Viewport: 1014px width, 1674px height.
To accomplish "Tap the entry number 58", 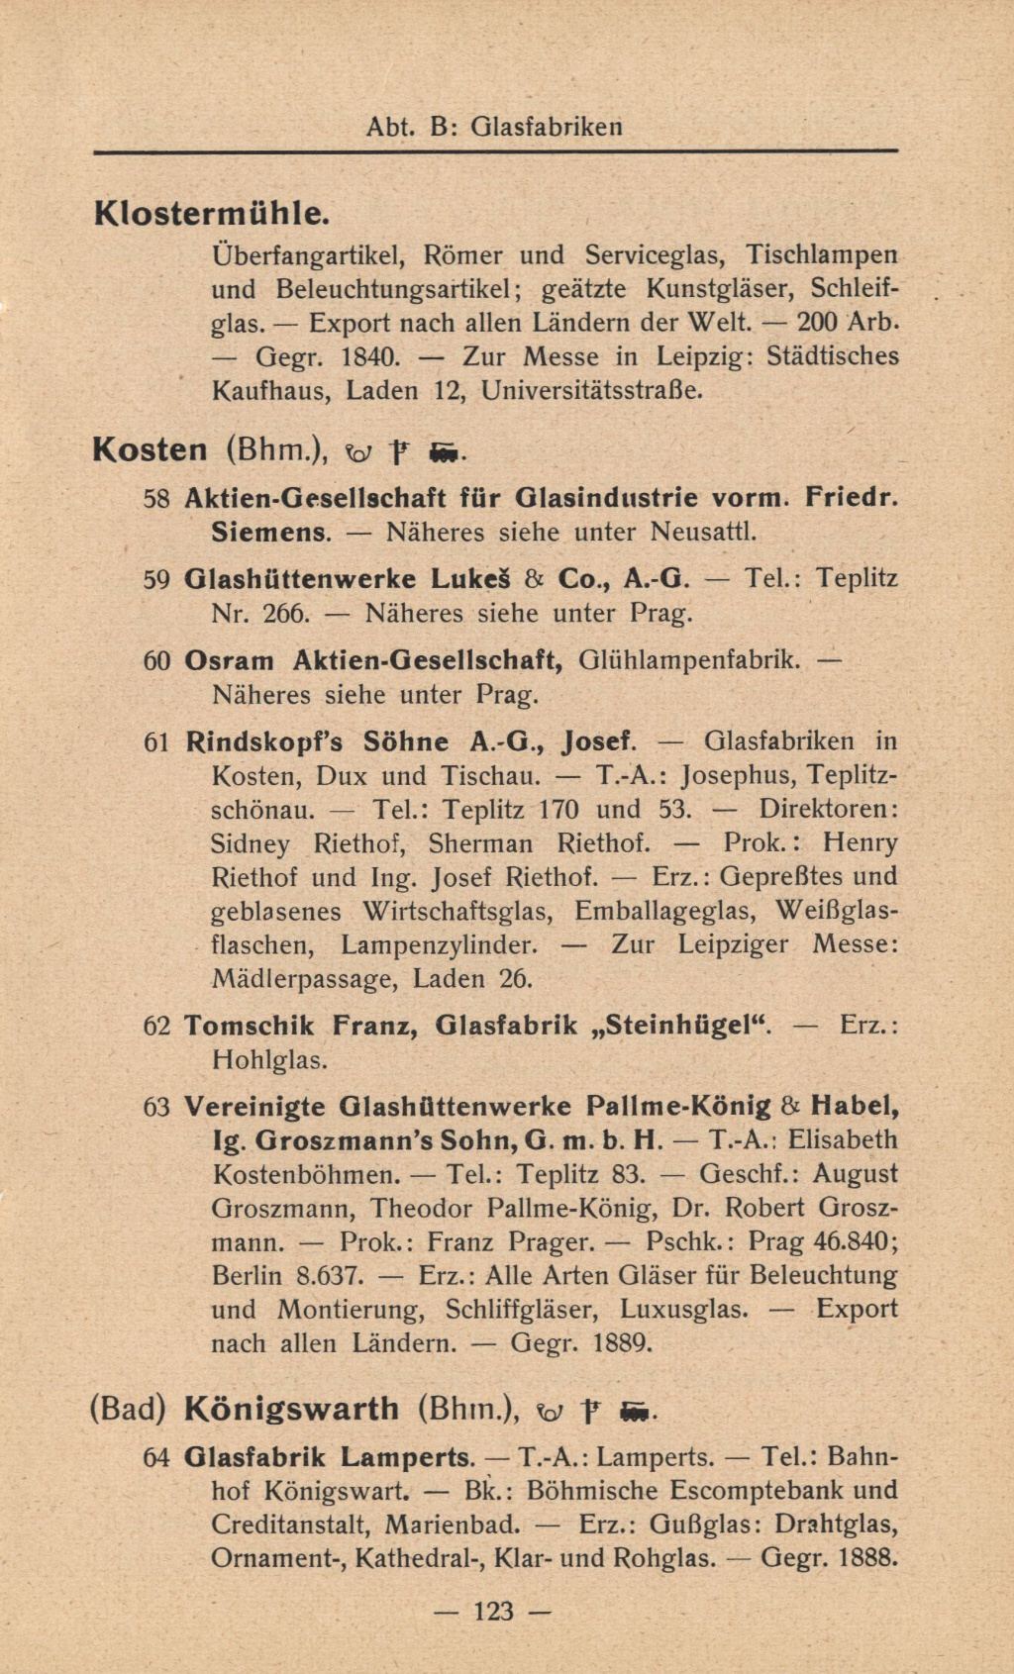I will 158,498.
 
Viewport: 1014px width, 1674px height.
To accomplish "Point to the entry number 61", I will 158,741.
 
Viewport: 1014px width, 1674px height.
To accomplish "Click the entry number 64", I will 156,1457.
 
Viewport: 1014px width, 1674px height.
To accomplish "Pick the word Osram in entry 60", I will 230,660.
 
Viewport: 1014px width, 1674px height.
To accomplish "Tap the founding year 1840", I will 368,356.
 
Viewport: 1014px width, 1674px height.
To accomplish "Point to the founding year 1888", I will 866,1557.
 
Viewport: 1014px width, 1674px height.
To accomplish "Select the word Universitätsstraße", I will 592,390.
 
